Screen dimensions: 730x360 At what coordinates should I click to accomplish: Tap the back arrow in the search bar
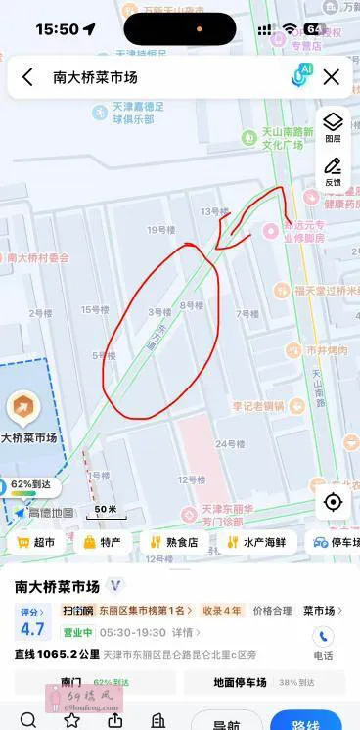pos(27,77)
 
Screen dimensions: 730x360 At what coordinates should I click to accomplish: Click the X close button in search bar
pos(332,77)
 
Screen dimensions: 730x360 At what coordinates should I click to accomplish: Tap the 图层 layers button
pos(333,126)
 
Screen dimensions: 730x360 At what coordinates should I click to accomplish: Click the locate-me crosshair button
pos(333,502)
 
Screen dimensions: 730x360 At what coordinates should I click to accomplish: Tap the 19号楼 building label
pos(158,230)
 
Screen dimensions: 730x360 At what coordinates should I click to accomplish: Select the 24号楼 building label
pos(230,444)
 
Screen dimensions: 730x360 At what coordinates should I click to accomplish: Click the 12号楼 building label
pos(192,479)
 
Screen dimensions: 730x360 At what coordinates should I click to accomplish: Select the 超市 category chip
pos(36,542)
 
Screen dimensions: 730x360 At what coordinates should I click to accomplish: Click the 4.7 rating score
pos(32,629)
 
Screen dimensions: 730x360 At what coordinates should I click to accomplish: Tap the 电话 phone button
pos(323,642)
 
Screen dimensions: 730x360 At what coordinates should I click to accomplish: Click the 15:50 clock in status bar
pos(57,29)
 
